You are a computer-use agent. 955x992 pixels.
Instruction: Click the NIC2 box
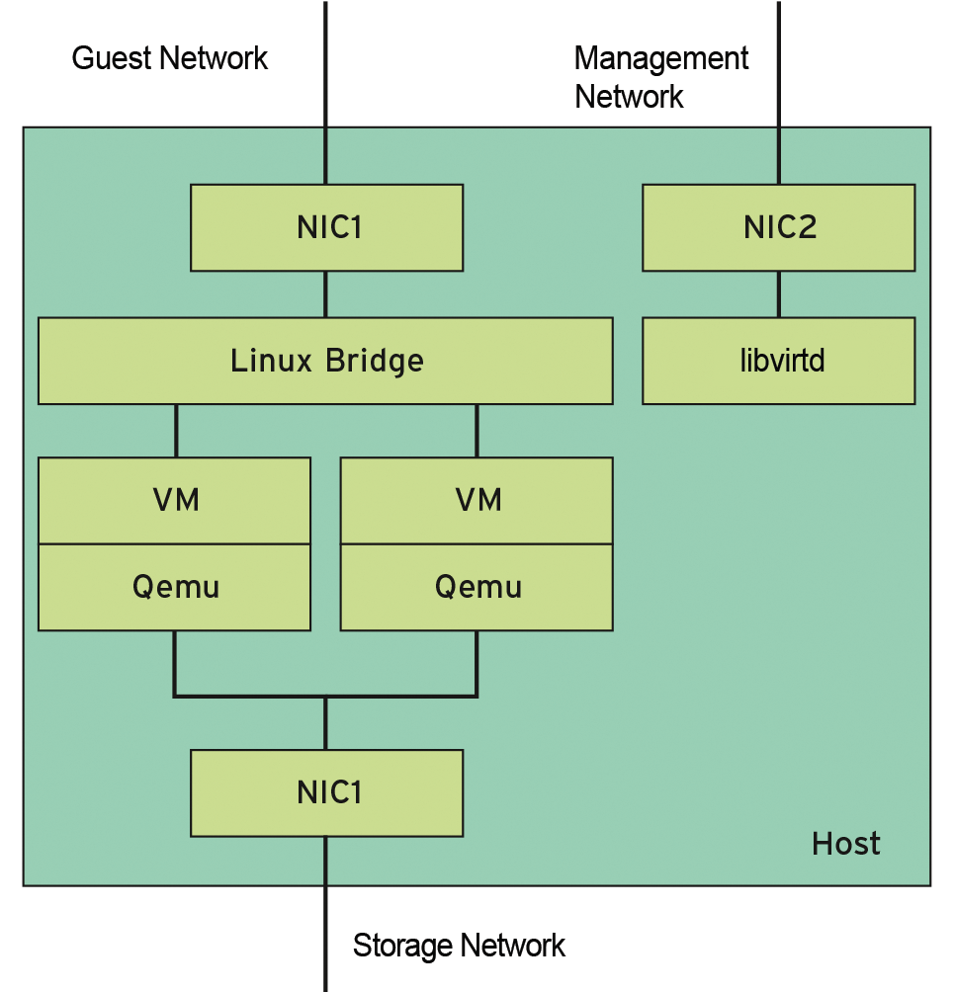tap(778, 228)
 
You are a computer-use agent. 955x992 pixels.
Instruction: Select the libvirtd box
tap(778, 361)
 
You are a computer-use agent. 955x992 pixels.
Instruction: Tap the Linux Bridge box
tap(325, 361)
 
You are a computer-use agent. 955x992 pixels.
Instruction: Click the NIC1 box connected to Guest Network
tap(326, 228)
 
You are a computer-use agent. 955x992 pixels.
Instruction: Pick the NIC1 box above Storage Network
tap(326, 792)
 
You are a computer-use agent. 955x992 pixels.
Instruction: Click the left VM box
tap(174, 500)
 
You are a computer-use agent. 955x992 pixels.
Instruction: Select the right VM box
tap(477, 500)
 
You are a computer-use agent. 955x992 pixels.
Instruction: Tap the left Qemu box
tap(174, 587)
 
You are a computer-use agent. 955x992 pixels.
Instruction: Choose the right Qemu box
tap(477, 587)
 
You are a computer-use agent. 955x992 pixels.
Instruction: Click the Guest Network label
tap(170, 58)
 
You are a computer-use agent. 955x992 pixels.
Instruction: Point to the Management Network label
tap(660, 77)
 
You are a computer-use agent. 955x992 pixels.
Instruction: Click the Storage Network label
tap(459, 946)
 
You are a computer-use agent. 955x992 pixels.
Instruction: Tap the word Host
tap(845, 844)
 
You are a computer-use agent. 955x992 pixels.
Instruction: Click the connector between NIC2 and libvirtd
tap(778, 294)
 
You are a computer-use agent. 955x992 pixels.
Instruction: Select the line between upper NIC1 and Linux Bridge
tap(325, 294)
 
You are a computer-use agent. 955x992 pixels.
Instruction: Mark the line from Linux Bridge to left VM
tap(176, 430)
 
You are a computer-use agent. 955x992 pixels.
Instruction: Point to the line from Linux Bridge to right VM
tap(477, 430)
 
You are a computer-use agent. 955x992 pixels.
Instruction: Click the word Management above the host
tap(660, 58)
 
